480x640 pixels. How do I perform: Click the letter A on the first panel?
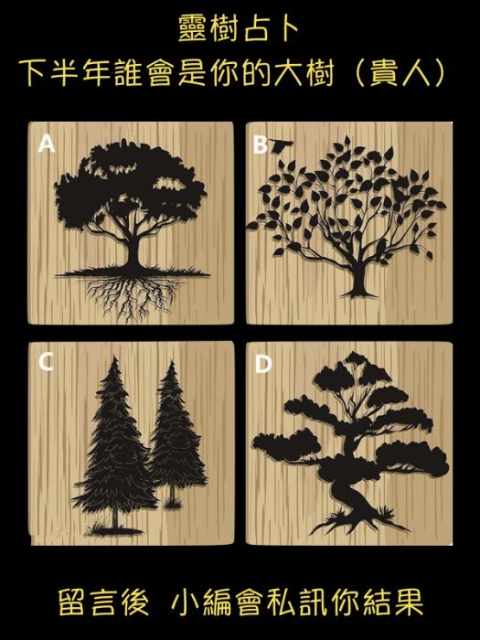pyautogui.click(x=46, y=144)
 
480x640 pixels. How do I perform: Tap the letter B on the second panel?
pyautogui.click(x=260, y=144)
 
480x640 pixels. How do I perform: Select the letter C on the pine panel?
pyautogui.click(x=46, y=362)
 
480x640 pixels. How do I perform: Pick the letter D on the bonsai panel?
pyautogui.click(x=263, y=364)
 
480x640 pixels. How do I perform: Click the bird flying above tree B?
pyautogui.click(x=280, y=144)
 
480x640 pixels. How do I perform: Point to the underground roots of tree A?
pyautogui.click(x=132, y=297)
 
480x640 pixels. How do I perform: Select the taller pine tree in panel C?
pyautogui.click(x=115, y=445)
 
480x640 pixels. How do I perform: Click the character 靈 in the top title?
pyautogui.click(x=192, y=28)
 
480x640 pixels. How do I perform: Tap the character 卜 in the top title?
pyautogui.click(x=287, y=28)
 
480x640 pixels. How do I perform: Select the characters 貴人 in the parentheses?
pyautogui.click(x=400, y=74)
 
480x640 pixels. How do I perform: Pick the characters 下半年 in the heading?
pyautogui.click(x=64, y=74)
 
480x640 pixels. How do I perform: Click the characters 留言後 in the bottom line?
pyautogui.click(x=102, y=602)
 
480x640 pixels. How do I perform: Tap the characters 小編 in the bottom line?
pyautogui.click(x=200, y=602)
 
